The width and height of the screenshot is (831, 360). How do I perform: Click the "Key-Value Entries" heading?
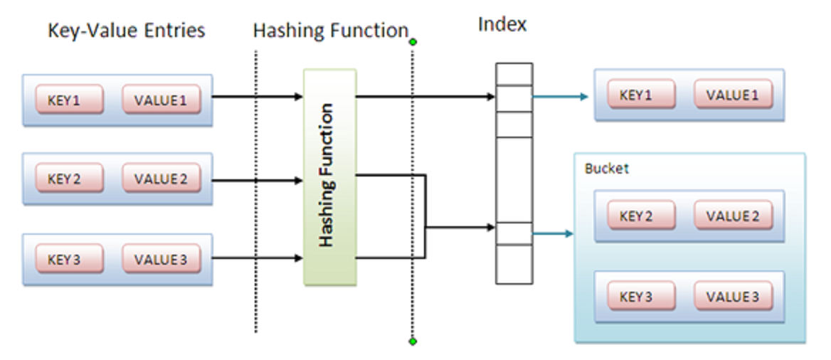tap(126, 31)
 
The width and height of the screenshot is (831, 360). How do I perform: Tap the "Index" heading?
tap(502, 24)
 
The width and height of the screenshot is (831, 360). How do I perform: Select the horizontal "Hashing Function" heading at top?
tap(331, 31)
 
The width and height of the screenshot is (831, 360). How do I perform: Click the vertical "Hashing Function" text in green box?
tap(327, 175)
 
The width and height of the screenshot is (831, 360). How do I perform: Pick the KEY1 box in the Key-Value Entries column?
tap(70, 99)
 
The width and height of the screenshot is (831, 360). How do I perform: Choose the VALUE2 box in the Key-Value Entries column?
tap(161, 178)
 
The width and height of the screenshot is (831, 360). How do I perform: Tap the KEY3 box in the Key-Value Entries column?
tap(70, 259)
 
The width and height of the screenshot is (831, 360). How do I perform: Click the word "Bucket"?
tap(606, 169)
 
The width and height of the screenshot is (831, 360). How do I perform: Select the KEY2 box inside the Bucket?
tap(641, 216)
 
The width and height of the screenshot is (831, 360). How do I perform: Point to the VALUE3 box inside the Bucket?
tap(734, 296)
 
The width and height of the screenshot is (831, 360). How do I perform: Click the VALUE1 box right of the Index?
tap(734, 95)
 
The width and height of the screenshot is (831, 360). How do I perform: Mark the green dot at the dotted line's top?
tap(413, 42)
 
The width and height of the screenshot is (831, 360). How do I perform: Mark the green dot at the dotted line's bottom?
tap(413, 342)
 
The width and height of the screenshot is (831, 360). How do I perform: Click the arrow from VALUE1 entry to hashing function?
tap(258, 97)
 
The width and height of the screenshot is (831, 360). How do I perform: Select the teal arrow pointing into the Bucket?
tap(554, 233)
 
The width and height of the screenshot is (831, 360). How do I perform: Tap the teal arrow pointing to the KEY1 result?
tap(561, 97)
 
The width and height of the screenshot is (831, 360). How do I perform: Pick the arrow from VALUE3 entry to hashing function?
tap(258, 258)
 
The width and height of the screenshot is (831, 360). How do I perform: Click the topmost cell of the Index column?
tap(514, 74)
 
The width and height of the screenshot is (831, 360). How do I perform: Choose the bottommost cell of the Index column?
tap(514, 264)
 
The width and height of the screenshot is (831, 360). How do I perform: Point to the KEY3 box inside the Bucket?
tap(641, 296)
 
